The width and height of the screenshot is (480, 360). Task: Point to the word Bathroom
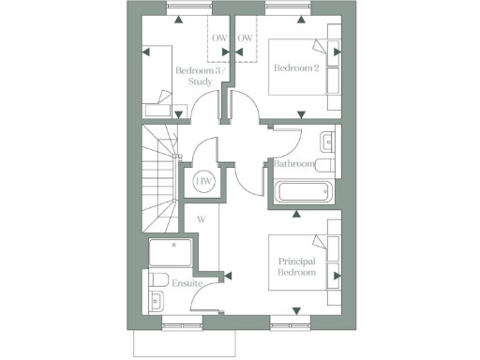click(x=293, y=165)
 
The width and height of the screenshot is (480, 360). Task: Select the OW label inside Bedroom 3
click(x=219, y=38)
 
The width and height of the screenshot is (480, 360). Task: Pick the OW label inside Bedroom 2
click(x=246, y=38)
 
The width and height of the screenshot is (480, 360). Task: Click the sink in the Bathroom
click(x=327, y=142)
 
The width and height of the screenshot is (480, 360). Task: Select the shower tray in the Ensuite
click(x=170, y=252)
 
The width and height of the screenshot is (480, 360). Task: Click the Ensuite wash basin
click(x=156, y=301)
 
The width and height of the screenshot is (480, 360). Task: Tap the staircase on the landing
click(x=159, y=183)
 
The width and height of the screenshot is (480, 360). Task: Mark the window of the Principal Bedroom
click(x=290, y=325)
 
